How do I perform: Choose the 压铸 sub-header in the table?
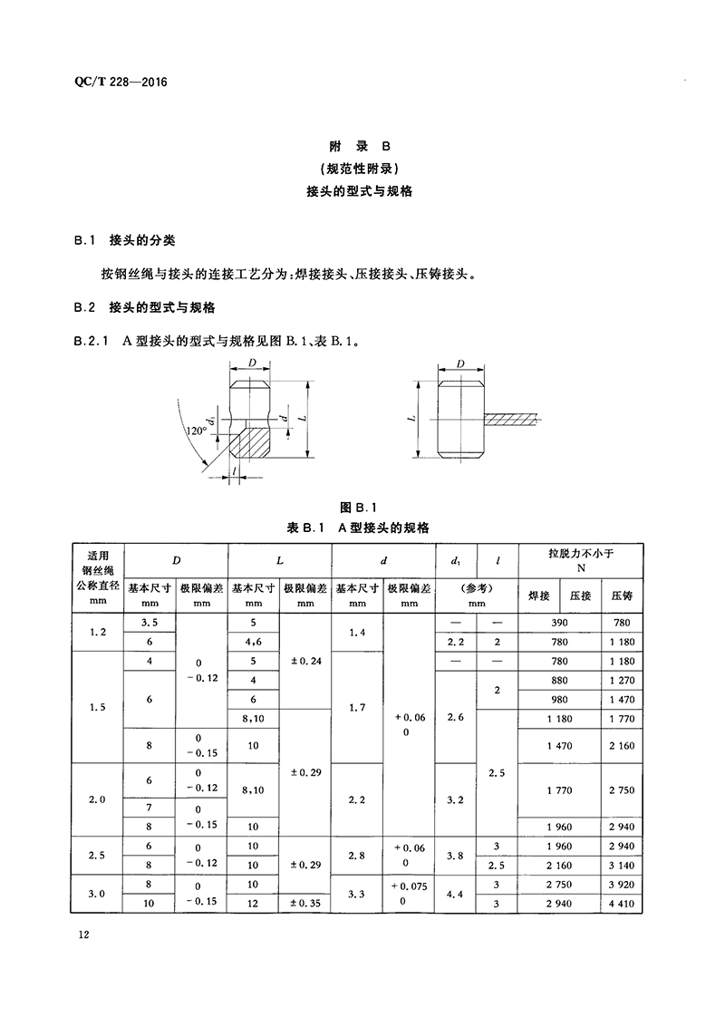click(x=622, y=595)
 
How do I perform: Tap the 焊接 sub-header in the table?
click(x=539, y=595)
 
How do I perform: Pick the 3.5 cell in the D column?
click(x=149, y=624)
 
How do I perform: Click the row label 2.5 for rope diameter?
click(x=97, y=856)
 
